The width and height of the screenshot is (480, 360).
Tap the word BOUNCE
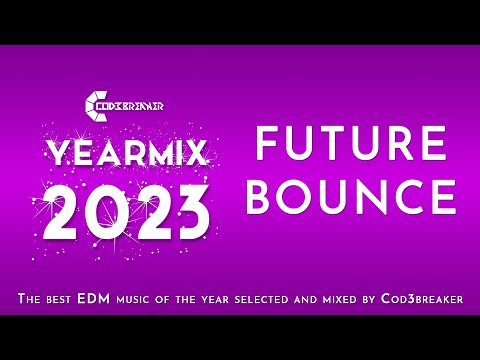point(351,196)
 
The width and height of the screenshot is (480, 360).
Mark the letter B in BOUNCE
point(262,196)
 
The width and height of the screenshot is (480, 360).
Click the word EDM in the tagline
point(99,299)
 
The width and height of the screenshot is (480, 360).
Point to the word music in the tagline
point(142,299)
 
